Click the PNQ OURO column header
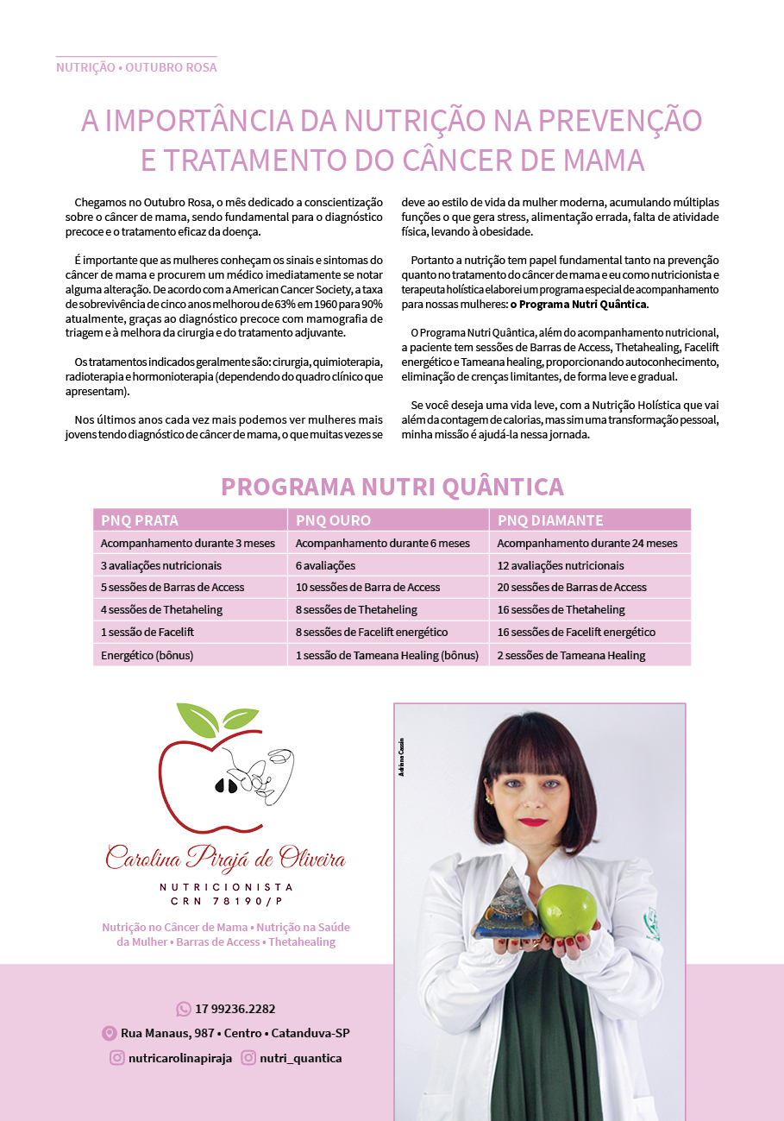333,520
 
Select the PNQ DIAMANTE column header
550,520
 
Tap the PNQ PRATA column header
140,520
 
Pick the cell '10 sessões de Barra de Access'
367,587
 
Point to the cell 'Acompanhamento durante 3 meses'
187,543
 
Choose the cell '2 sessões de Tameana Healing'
571,655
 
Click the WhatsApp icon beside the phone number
184,1009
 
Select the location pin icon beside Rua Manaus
110,1033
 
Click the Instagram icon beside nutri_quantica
248,1058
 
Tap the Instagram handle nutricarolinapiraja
179,1058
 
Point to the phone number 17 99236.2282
235,1009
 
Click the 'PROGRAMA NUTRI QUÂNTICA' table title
392,487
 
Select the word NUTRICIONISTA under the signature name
226,887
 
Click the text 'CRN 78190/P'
226,901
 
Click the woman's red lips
533,822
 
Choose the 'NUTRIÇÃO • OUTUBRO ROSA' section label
136,67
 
